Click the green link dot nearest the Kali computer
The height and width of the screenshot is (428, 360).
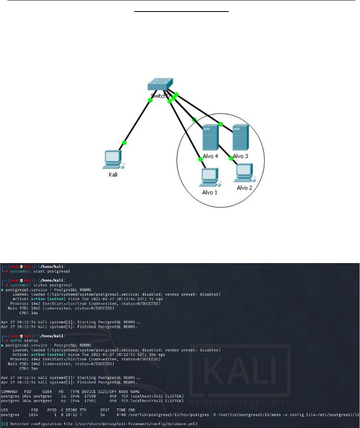point(124,143)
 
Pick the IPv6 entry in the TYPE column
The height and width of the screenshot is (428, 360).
point(76,395)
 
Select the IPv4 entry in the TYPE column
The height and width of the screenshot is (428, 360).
point(76,400)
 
